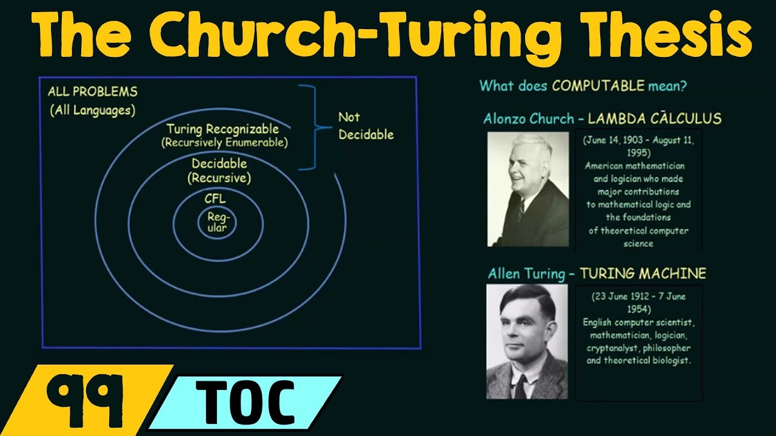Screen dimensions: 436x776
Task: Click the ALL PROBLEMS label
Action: [93, 92]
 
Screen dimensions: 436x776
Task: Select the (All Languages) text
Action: [93, 111]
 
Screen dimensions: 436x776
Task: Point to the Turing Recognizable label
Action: [222, 129]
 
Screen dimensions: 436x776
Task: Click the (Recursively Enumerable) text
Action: [224, 144]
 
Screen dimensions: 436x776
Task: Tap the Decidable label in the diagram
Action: [219, 163]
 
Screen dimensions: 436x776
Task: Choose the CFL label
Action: [216, 198]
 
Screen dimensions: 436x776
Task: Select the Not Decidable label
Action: [366, 126]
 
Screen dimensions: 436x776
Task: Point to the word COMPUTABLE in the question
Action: [598, 86]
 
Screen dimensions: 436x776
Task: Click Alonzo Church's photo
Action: [527, 190]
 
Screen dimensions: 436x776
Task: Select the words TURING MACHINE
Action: [643, 274]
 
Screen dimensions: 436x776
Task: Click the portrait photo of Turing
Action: [527, 342]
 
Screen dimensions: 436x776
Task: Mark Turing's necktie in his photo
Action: [520, 385]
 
